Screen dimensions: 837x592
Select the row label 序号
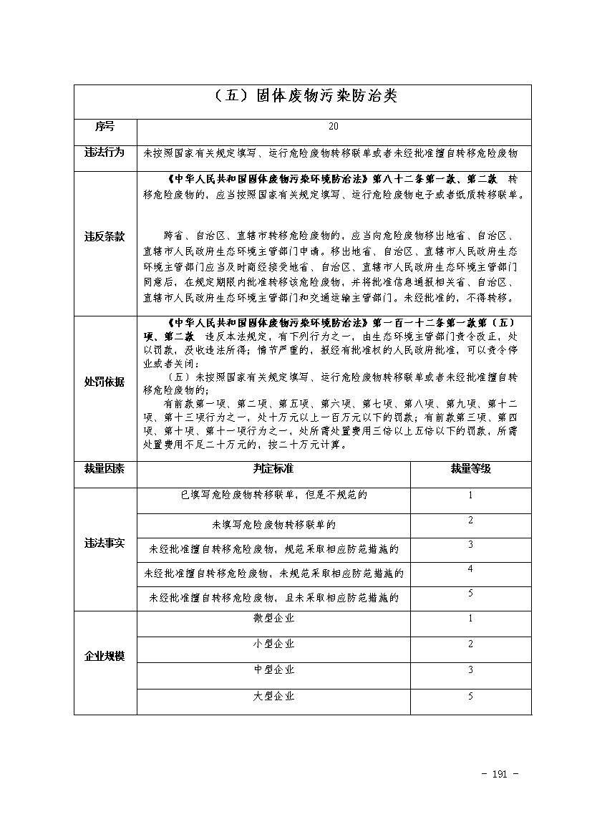105,127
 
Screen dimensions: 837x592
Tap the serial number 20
333,127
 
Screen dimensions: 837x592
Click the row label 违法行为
105,153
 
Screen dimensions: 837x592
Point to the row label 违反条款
105,236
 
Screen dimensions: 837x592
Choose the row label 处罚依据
105,382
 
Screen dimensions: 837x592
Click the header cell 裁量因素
105,469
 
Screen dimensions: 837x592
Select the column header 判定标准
273,469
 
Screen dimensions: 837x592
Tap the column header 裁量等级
470,469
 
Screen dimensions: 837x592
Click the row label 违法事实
105,543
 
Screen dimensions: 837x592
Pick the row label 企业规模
105,656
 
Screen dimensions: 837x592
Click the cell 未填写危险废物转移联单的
274,525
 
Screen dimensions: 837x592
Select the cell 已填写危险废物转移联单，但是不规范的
274,495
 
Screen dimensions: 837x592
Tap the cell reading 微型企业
273,618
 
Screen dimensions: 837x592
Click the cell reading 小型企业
273,644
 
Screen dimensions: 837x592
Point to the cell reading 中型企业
273,670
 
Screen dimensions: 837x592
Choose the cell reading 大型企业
273,696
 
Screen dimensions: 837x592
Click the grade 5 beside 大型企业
470,696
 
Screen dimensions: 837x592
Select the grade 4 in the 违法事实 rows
470,569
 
